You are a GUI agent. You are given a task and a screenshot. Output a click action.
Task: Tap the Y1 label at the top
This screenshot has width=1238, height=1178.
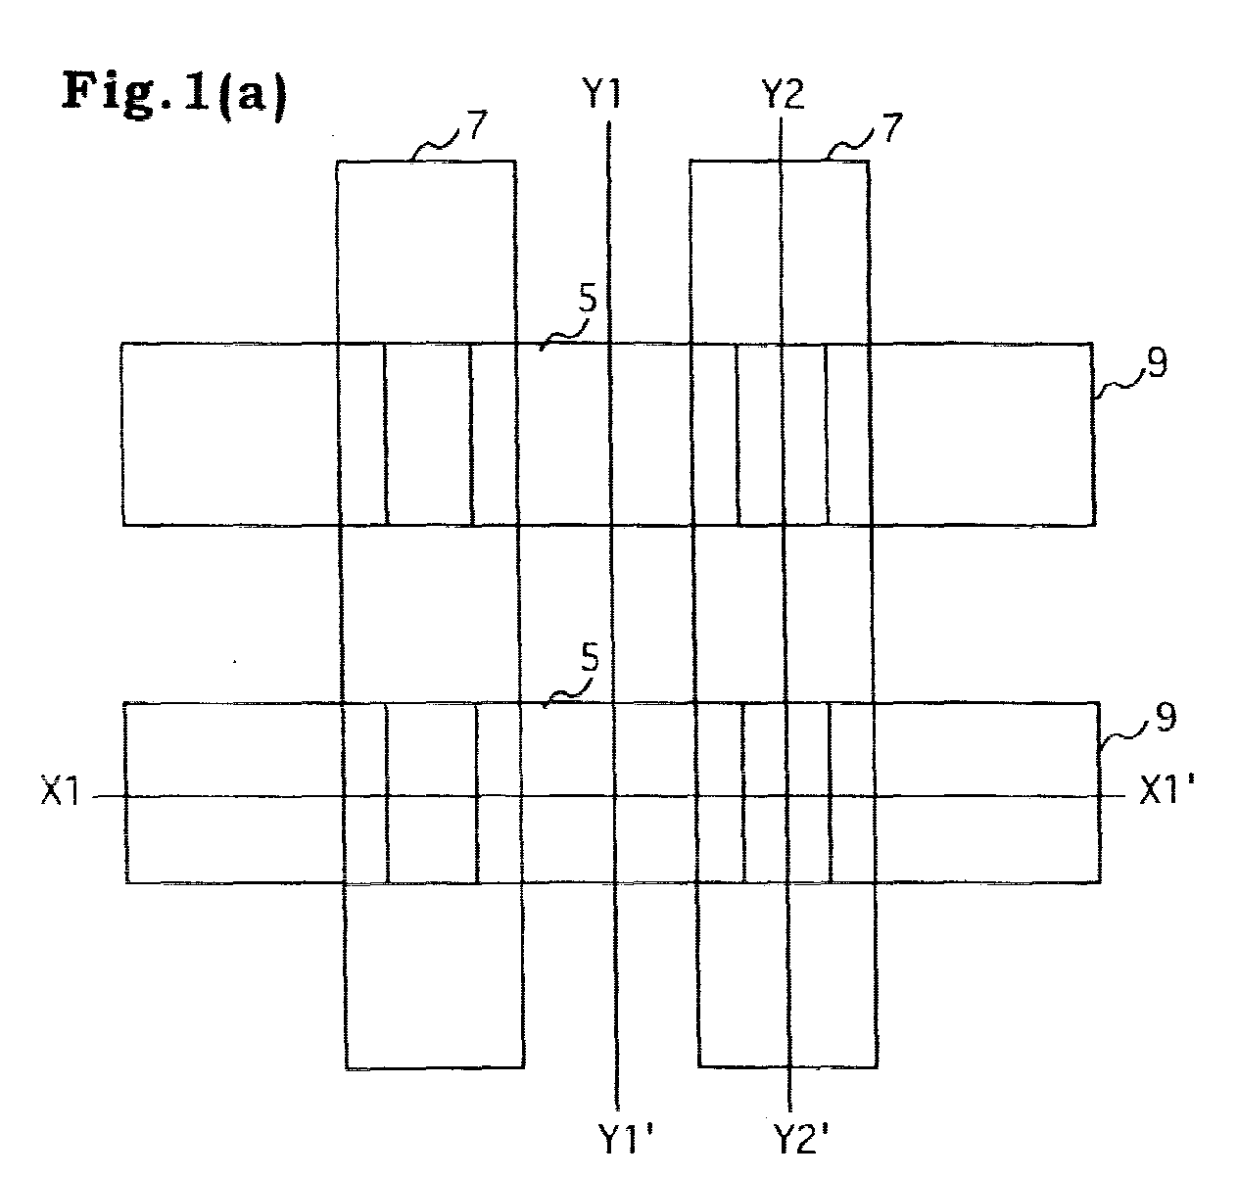(601, 93)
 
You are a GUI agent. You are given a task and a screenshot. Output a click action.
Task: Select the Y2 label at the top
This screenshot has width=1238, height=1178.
(784, 94)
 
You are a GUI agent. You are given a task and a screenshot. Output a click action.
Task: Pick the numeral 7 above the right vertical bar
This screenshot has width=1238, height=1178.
(892, 127)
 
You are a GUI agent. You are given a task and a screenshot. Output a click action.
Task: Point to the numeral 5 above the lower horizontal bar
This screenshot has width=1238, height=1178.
(590, 659)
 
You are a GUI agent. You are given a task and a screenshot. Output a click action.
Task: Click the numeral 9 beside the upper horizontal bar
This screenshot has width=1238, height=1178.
(1158, 363)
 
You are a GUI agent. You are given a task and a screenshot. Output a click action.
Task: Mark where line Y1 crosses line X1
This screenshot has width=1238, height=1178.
(614, 796)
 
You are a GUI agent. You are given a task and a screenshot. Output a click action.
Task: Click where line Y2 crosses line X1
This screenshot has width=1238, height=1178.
(787, 796)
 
